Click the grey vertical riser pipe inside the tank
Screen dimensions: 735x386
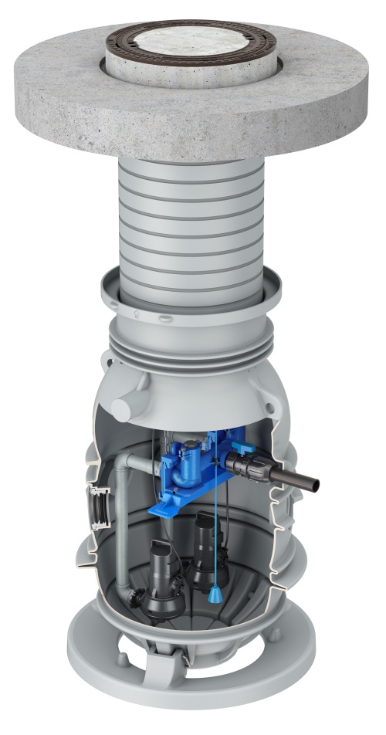pos(123,525)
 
